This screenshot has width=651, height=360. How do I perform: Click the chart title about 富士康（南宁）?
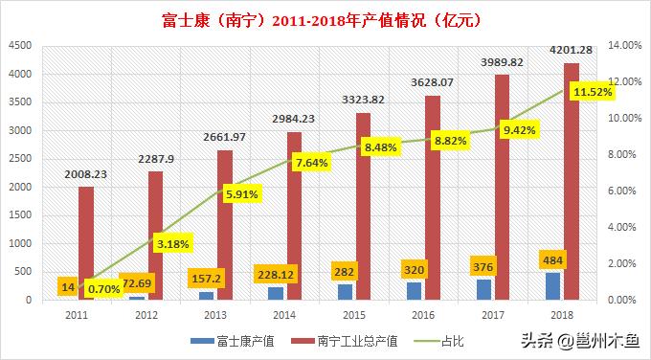point(325,17)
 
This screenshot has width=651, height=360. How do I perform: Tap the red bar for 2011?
point(86,243)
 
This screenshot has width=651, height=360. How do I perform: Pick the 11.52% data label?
point(591,91)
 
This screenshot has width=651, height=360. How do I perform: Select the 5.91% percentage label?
point(242,193)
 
